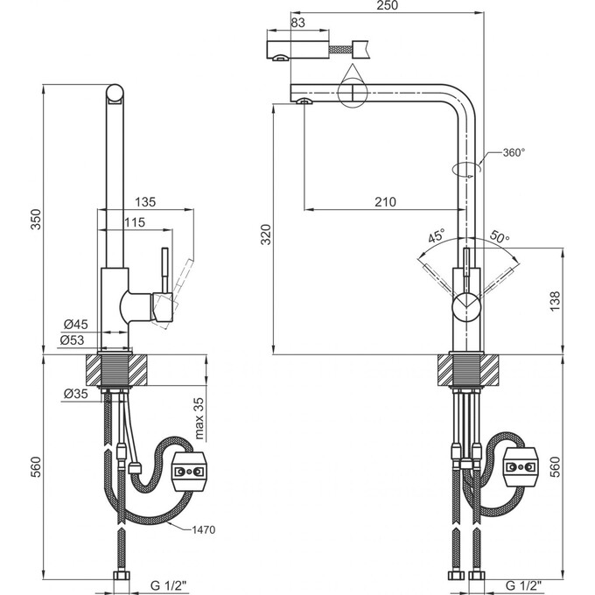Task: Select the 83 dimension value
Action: point(297,22)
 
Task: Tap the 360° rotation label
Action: point(514,153)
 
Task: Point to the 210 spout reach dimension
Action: point(385,201)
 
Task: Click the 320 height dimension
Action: point(267,234)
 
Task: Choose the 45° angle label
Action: point(437,237)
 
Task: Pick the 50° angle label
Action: point(500,237)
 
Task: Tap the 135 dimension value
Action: point(145,202)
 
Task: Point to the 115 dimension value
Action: point(134,223)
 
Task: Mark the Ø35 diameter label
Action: point(76,395)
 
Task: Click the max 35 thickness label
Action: point(199,419)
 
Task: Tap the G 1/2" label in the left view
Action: point(167,584)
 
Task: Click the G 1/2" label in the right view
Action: point(523,584)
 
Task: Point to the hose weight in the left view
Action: point(190,473)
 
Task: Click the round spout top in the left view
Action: point(114,94)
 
